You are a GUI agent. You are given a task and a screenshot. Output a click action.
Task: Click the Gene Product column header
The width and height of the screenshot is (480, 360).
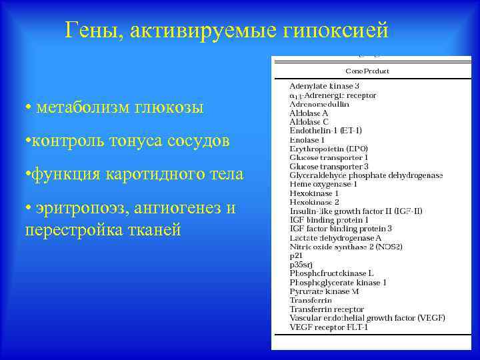(367, 71)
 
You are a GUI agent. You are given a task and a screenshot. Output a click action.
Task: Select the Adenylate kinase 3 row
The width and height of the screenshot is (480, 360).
(325, 86)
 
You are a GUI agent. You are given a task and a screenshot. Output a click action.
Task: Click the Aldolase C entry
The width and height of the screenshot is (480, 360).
(309, 122)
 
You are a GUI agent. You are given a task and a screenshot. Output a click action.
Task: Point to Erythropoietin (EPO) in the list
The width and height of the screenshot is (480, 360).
(329, 149)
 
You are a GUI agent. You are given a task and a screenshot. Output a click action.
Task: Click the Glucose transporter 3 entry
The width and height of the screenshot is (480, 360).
(329, 166)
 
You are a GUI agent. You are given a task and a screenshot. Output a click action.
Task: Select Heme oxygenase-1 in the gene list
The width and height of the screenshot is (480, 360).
(323, 184)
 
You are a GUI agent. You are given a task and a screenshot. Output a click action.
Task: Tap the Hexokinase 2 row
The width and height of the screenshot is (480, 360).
(315, 201)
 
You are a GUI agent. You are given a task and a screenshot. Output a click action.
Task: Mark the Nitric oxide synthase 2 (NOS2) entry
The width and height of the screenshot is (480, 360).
(346, 246)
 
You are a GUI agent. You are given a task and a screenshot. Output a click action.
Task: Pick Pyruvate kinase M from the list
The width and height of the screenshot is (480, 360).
(325, 291)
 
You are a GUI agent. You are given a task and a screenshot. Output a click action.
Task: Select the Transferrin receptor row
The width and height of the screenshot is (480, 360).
(327, 309)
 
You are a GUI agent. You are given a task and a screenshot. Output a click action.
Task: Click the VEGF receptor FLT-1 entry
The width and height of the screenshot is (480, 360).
(329, 327)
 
